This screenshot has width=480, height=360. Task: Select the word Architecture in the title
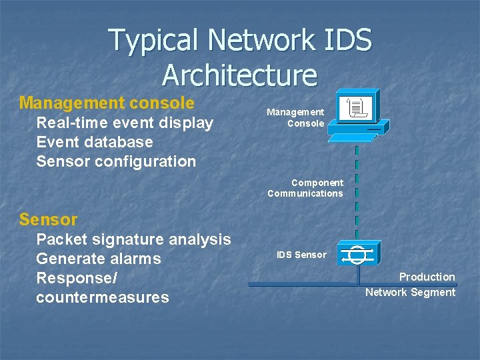[239, 75]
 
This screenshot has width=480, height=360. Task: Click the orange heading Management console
[107, 103]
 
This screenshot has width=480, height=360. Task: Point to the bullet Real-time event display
[125, 123]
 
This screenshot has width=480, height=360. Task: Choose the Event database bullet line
[95, 142]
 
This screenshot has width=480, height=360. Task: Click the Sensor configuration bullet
[116, 161]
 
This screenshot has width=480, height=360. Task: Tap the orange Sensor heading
[48, 219]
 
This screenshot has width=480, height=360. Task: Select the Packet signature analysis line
[133, 239]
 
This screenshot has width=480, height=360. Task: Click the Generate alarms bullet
[99, 259]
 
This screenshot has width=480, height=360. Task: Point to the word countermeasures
[103, 297]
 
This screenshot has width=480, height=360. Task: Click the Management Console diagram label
[295, 118]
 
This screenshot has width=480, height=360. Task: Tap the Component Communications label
[305, 188]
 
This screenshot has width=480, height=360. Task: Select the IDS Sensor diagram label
[301, 255]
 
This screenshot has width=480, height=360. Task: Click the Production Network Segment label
[410, 285]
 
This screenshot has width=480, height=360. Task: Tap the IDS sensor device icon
[357, 254]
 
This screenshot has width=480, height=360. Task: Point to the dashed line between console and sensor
[357, 193]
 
